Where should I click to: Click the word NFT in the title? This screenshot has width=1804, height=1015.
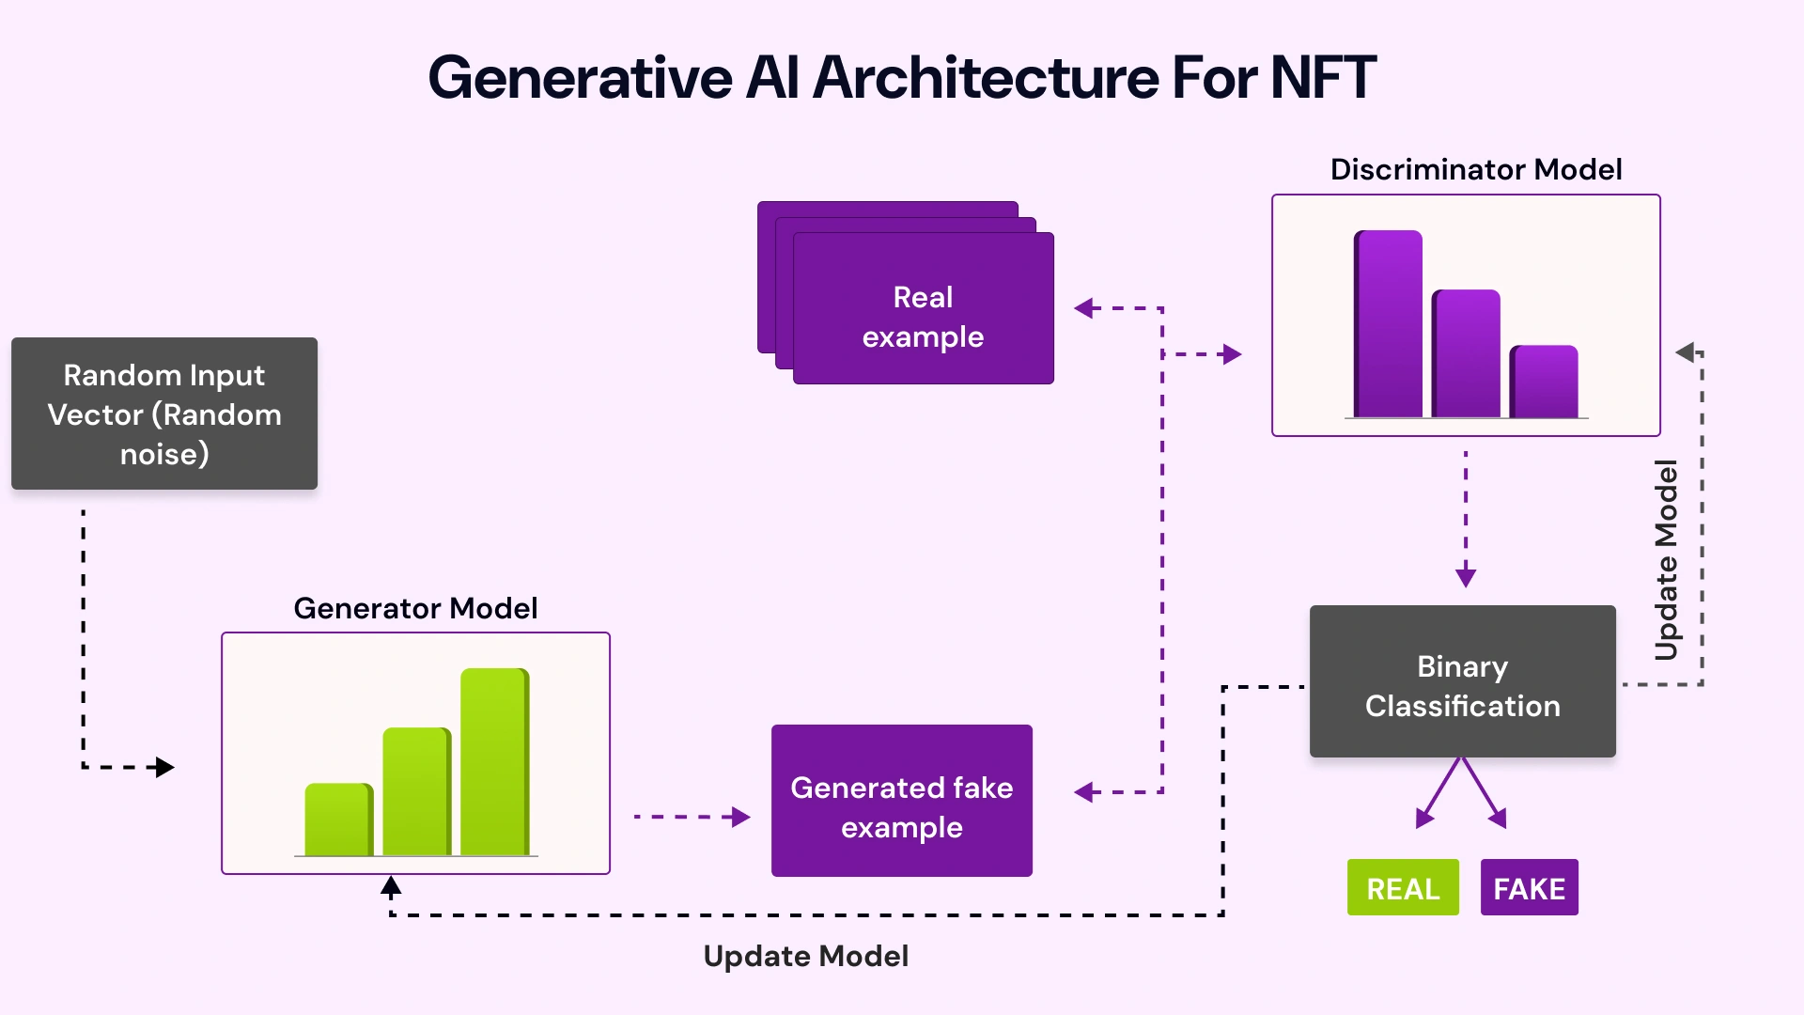tap(1323, 77)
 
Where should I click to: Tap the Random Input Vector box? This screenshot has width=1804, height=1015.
tap(164, 414)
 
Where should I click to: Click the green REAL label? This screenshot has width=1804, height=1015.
tap(1402, 888)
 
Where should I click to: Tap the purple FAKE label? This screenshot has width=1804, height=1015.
tap(1529, 888)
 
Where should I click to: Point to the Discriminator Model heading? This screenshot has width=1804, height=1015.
tap(1475, 169)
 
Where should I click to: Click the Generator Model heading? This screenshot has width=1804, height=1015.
tap(415, 608)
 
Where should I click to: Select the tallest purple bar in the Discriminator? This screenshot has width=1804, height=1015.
tap(1388, 324)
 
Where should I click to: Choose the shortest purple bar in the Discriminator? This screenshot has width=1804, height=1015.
tap(1544, 382)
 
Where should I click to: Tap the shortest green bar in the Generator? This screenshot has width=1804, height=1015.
tap(339, 820)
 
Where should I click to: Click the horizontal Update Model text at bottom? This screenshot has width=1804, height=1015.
tap(805, 957)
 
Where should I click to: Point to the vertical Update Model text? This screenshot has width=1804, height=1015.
tap(1666, 560)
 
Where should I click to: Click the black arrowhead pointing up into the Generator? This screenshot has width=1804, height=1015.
tap(391, 885)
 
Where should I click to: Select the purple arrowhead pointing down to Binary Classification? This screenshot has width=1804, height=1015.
tap(1465, 577)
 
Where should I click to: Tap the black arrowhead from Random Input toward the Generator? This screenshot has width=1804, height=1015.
tap(165, 768)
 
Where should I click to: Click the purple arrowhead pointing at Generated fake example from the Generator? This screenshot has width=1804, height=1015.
tap(741, 817)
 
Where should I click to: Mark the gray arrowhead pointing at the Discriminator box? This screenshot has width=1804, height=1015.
tap(1685, 352)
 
